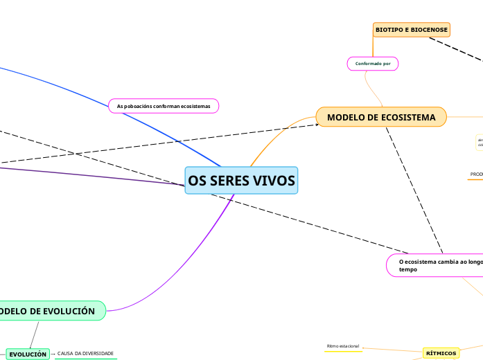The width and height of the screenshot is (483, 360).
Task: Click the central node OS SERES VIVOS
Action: (241, 181)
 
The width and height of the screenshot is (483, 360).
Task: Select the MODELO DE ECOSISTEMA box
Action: (381, 117)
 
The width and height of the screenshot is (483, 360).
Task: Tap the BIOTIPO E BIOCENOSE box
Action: (411, 30)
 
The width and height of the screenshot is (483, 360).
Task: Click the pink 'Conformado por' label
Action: (373, 64)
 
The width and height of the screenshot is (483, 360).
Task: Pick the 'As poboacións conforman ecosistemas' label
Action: (164, 106)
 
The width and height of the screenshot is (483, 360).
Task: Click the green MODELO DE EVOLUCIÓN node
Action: (50, 311)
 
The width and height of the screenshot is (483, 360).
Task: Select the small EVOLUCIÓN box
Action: (28, 354)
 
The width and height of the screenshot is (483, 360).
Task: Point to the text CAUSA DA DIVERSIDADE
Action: (85, 354)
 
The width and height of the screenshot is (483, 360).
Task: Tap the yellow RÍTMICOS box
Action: (441, 353)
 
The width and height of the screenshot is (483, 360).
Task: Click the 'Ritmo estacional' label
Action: (343, 345)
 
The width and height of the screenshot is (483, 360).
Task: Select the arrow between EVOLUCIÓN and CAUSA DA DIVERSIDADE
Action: (53, 354)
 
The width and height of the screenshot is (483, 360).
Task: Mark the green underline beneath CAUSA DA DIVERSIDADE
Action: (86, 359)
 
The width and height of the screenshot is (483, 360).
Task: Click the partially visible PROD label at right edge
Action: (476, 174)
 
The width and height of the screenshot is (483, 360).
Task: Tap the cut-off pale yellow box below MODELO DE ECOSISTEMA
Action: (479, 142)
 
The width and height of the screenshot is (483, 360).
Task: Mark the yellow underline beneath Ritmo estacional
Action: (343, 351)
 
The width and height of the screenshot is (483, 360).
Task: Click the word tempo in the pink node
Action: (408, 269)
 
